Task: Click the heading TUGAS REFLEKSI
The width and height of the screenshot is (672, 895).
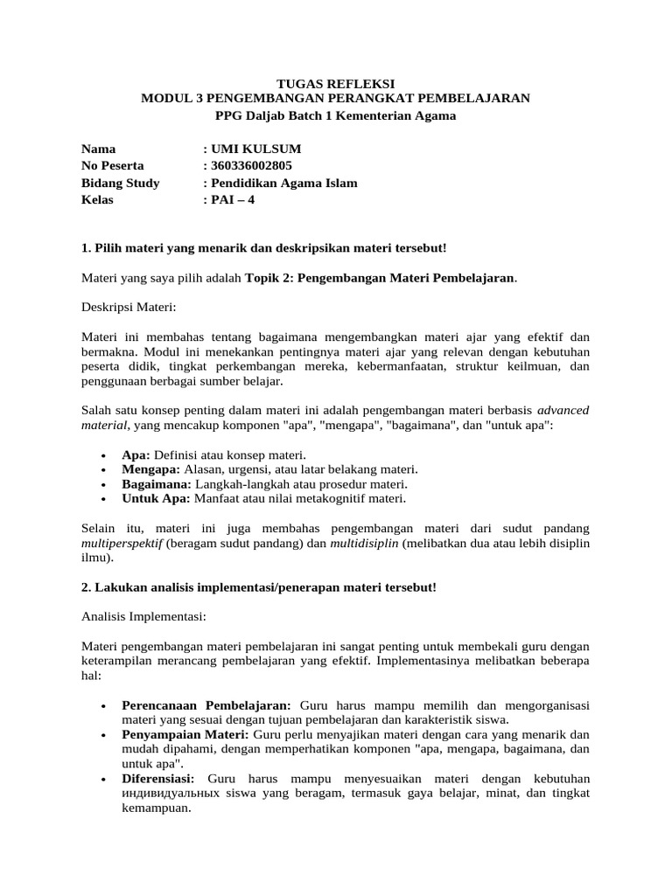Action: tap(335, 82)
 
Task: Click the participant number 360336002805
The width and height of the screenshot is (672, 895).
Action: tap(252, 166)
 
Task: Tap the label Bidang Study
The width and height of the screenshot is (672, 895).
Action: tap(120, 183)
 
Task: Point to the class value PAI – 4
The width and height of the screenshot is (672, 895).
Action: tap(233, 199)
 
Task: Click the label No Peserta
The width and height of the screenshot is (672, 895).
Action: tap(113, 166)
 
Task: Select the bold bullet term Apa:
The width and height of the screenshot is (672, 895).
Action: tap(136, 455)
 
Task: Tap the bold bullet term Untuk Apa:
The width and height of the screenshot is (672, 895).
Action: tap(153, 498)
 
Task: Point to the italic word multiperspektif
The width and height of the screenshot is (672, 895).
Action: tap(122, 543)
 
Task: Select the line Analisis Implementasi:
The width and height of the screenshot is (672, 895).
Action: tap(143, 616)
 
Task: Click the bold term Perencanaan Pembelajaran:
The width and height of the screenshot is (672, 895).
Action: tap(208, 705)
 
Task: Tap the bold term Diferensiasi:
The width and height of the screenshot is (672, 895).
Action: tap(161, 779)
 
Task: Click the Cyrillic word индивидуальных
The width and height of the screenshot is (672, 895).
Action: tap(180, 794)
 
